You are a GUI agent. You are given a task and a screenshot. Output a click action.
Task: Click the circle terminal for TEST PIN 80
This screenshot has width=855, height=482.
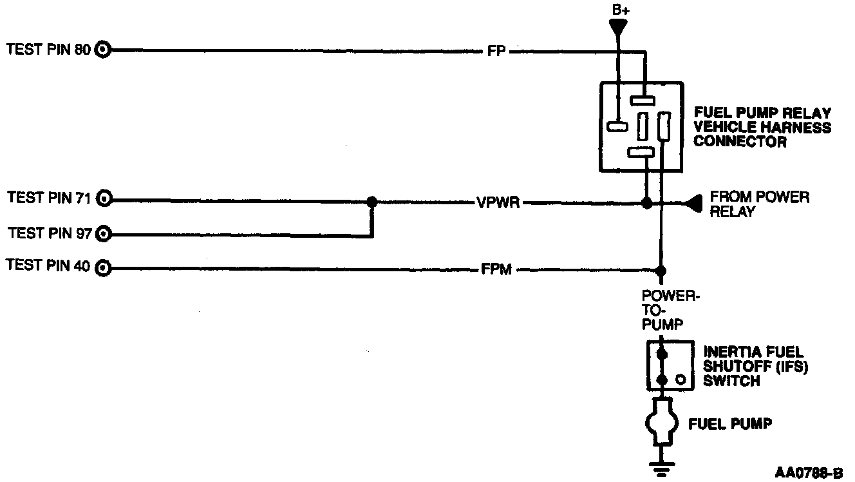coord(103,50)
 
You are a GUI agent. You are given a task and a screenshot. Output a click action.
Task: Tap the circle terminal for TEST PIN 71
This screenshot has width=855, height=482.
coord(104,199)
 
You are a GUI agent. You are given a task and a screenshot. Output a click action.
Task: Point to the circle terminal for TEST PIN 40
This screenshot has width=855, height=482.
coord(103,267)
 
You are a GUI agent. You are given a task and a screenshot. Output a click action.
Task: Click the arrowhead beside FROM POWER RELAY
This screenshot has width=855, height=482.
coord(693,204)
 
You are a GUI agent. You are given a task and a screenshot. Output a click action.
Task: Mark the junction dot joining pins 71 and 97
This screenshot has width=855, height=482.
coord(371,202)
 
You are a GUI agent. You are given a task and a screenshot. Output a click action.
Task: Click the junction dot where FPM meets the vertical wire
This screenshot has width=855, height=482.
coord(660,271)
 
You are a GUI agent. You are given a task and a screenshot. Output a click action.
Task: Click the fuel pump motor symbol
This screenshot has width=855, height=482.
coord(660,422)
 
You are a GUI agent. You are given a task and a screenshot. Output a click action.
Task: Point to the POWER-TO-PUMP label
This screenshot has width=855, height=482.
coord(670,309)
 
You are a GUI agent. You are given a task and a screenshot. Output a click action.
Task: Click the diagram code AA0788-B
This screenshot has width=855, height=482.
coord(809,472)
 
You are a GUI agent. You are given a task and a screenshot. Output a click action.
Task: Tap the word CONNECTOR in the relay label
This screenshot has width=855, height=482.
coord(740,142)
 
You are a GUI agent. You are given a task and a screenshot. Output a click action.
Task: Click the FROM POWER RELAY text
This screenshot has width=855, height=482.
coord(759,204)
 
